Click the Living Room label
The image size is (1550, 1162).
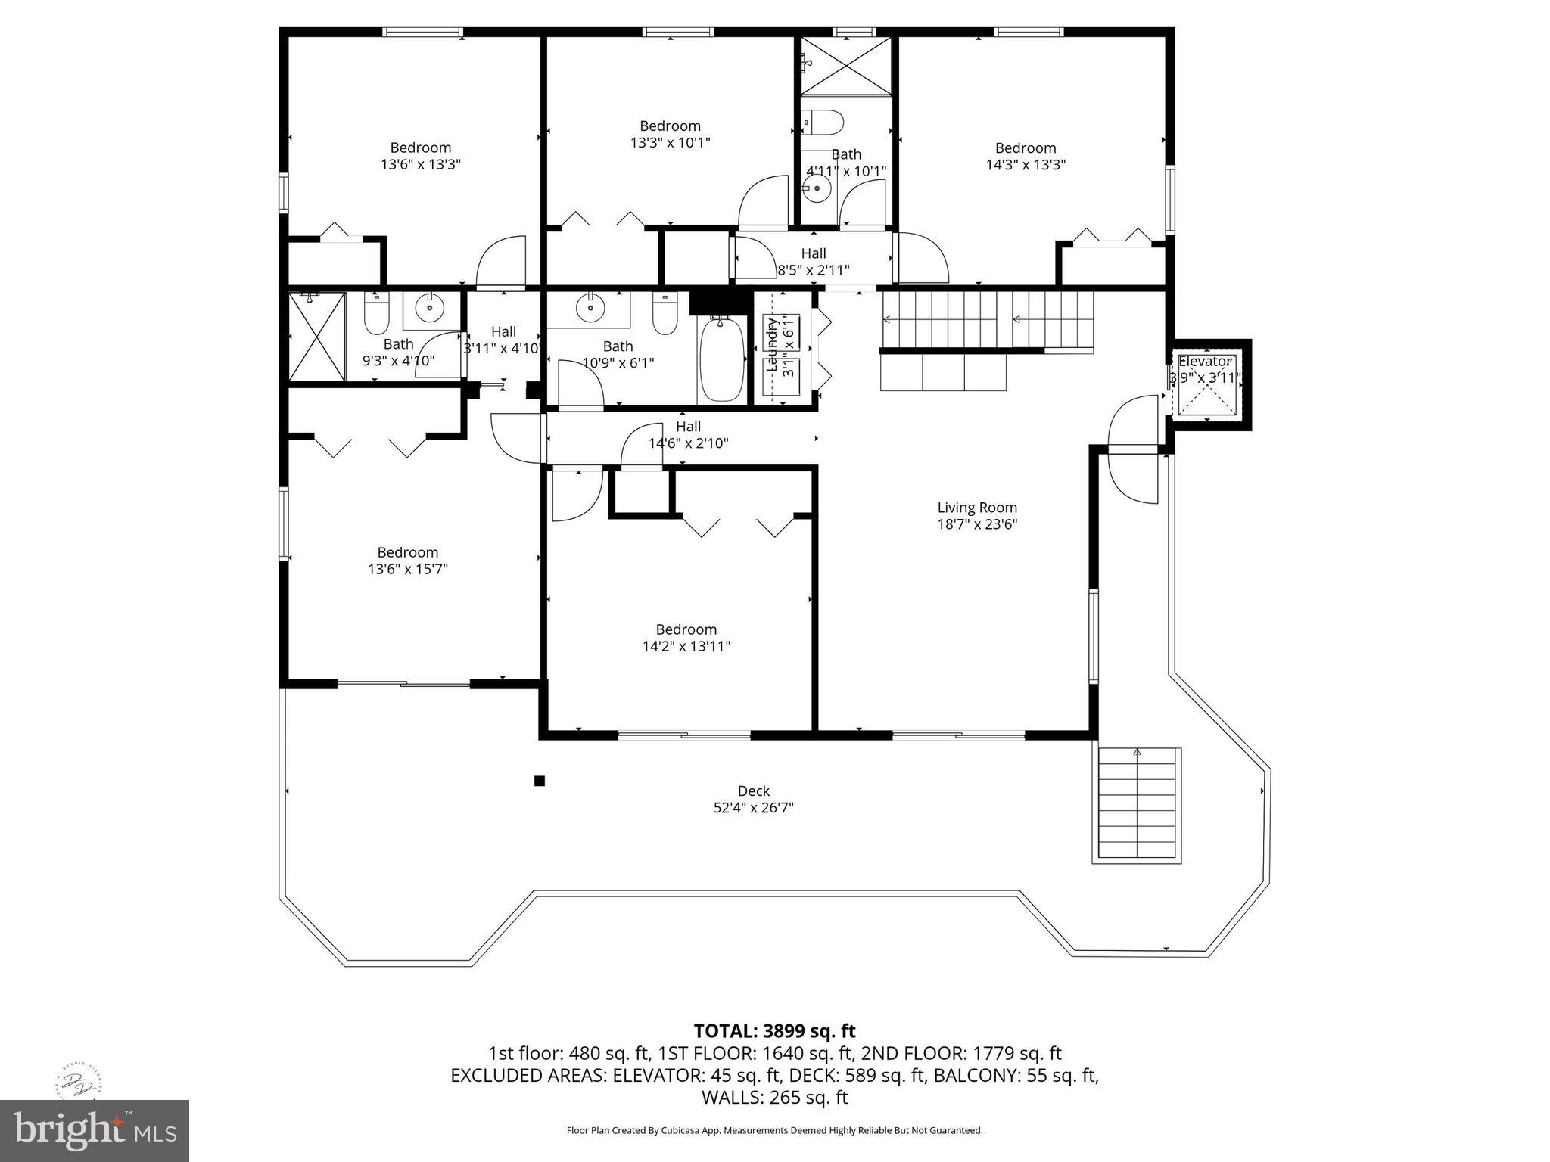click(x=977, y=508)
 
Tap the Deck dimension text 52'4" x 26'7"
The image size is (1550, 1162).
click(x=753, y=808)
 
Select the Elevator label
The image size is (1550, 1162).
click(x=1205, y=361)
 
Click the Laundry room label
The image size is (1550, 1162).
click(x=773, y=346)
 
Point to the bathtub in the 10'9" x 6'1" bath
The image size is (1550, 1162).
click(x=721, y=359)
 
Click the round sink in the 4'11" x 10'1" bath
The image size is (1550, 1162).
click(x=817, y=189)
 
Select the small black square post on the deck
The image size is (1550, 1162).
click(x=540, y=781)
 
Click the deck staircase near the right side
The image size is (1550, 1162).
click(x=1137, y=805)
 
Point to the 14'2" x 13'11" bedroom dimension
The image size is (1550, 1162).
click(x=686, y=646)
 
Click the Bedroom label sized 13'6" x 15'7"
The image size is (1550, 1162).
click(x=407, y=552)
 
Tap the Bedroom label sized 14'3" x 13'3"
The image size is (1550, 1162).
click(x=1025, y=148)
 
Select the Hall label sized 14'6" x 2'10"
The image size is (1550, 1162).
click(x=688, y=427)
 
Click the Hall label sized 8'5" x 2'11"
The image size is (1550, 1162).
click(x=814, y=253)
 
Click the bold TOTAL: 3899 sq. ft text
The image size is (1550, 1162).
click(x=774, y=1030)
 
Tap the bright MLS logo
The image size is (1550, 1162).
click(x=95, y=1130)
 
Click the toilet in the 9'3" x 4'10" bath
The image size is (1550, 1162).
click(x=376, y=314)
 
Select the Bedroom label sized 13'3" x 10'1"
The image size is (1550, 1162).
click(x=670, y=126)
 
